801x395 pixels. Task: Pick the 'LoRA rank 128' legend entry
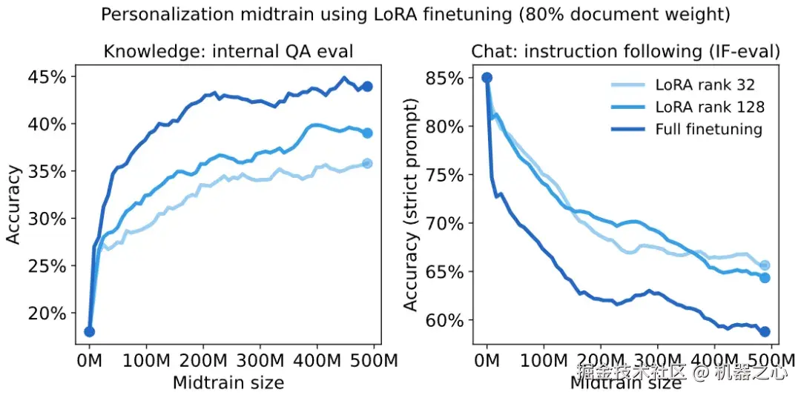pyautogui.click(x=710, y=107)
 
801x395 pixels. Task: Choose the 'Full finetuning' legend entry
pyautogui.click(x=708, y=129)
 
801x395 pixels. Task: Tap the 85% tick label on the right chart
pyautogui.click(x=446, y=77)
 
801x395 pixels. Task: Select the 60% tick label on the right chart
pyautogui.click(x=446, y=321)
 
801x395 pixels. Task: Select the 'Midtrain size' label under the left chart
pyautogui.click(x=228, y=382)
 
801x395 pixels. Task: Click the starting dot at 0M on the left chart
pyautogui.click(x=89, y=331)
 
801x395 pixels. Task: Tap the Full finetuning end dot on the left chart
pyautogui.click(x=366, y=86)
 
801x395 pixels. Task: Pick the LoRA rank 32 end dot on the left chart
pyautogui.click(x=366, y=163)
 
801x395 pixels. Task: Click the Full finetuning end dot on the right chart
pyautogui.click(x=765, y=331)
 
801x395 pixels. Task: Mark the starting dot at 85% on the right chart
pyautogui.click(x=487, y=77)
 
